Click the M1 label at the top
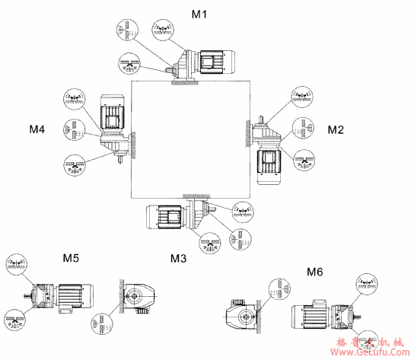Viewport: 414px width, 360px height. (x=199, y=14)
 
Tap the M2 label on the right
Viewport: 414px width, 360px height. (x=336, y=130)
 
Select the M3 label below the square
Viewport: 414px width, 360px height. (x=178, y=258)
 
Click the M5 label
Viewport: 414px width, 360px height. (x=70, y=258)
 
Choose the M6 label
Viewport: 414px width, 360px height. (x=314, y=270)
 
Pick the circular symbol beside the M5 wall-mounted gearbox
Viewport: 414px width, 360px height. (x=100, y=321)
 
